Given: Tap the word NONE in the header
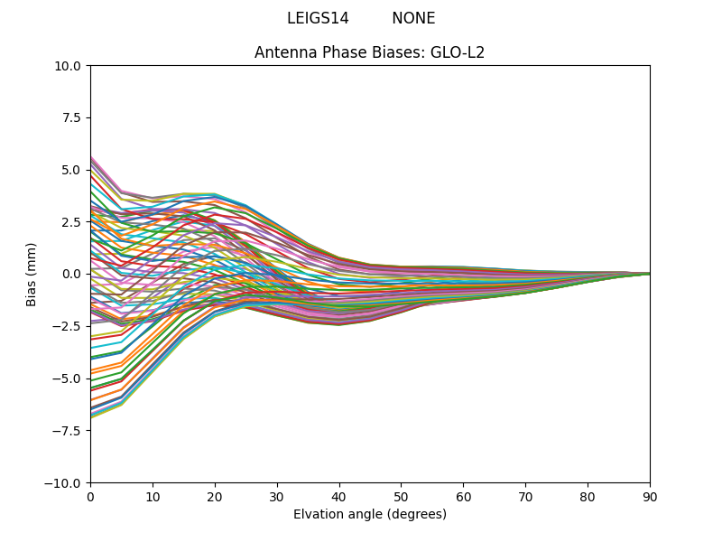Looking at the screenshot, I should click(413, 18).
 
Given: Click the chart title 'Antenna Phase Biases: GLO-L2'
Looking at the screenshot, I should click(369, 52).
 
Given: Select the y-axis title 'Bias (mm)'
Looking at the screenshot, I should click(32, 274).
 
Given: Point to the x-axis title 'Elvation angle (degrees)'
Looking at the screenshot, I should click(369, 514).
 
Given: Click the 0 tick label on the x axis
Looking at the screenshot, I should click(90, 497).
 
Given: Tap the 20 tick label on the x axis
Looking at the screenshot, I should click(215, 497).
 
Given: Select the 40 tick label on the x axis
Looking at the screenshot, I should click(339, 497).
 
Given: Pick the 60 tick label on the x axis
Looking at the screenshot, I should click(463, 497).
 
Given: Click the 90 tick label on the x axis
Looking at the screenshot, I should click(650, 497).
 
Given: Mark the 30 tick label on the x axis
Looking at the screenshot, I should click(277, 497).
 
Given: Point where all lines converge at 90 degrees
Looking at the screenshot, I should click(649, 274).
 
